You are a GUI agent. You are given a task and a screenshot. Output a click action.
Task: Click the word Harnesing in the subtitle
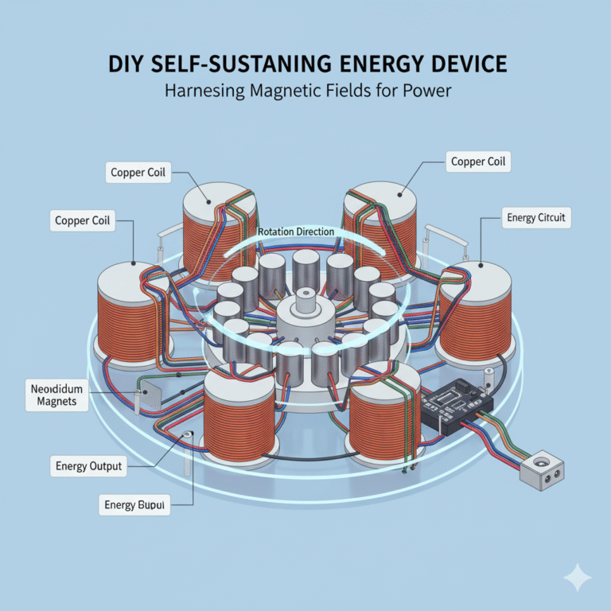click(x=199, y=91)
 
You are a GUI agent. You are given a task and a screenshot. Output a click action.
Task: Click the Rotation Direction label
click(x=296, y=232)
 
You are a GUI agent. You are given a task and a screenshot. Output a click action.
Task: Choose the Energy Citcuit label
click(x=537, y=216)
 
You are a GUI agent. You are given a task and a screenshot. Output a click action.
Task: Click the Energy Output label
click(x=89, y=465)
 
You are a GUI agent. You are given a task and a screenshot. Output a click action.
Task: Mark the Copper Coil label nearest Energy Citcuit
click(x=479, y=162)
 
